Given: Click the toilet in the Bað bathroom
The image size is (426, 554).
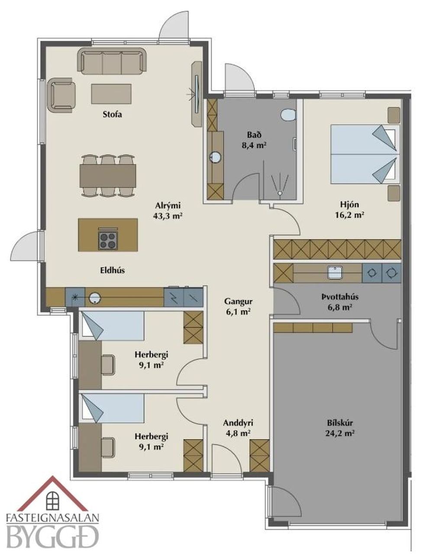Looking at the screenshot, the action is pyautogui.click(x=288, y=114).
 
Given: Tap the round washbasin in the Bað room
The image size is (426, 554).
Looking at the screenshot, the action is pyautogui.click(x=215, y=157).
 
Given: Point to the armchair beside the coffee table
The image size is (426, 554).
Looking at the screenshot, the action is pyautogui.click(x=61, y=96).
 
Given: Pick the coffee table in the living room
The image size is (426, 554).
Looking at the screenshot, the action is pyautogui.click(x=111, y=94).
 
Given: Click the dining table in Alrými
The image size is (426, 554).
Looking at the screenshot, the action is pyautogui.click(x=108, y=176).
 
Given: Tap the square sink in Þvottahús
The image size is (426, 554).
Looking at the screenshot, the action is pyautogui.click(x=335, y=273).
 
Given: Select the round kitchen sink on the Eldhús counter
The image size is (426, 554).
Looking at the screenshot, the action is pyautogui.click(x=95, y=298).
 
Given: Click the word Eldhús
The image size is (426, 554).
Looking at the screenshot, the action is pyautogui.click(x=113, y=270).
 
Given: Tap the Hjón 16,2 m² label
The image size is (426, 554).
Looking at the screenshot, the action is pyautogui.click(x=349, y=209).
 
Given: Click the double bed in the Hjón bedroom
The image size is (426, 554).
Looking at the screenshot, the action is pyautogui.click(x=365, y=154).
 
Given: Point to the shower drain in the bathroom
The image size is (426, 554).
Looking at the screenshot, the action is pyautogui.click(x=280, y=193).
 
